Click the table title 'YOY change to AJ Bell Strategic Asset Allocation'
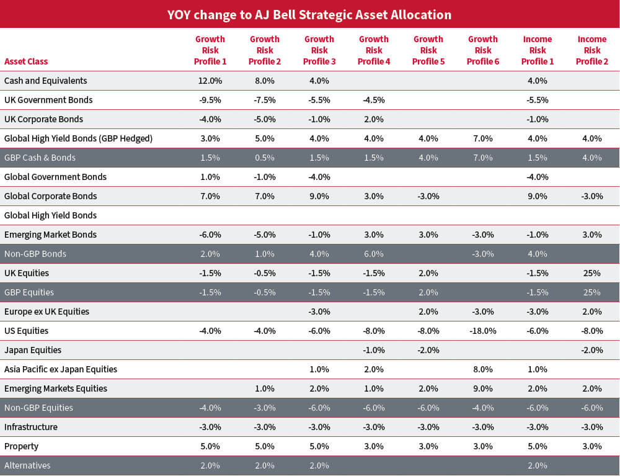click(309, 14)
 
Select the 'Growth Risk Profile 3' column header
click(319, 50)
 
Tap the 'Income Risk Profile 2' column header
click(591, 50)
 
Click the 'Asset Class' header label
click(26, 61)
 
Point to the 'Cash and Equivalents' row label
click(46, 81)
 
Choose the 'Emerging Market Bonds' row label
click(50, 235)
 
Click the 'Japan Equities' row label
click(33, 350)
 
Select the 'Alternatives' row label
click(27, 465)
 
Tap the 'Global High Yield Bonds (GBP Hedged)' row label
click(78, 138)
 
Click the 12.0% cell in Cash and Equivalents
click(210, 81)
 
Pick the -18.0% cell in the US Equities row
click(482, 331)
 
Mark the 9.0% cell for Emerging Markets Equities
click(482, 388)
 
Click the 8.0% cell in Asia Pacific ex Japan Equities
click(482, 369)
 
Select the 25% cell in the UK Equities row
click(591, 273)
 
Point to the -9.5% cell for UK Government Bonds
click(210, 100)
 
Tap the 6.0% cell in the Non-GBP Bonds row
click(374, 254)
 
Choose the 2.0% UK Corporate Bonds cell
click(374, 119)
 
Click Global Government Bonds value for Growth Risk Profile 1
click(210, 177)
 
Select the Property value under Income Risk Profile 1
click(537, 446)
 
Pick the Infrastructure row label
click(31, 427)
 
